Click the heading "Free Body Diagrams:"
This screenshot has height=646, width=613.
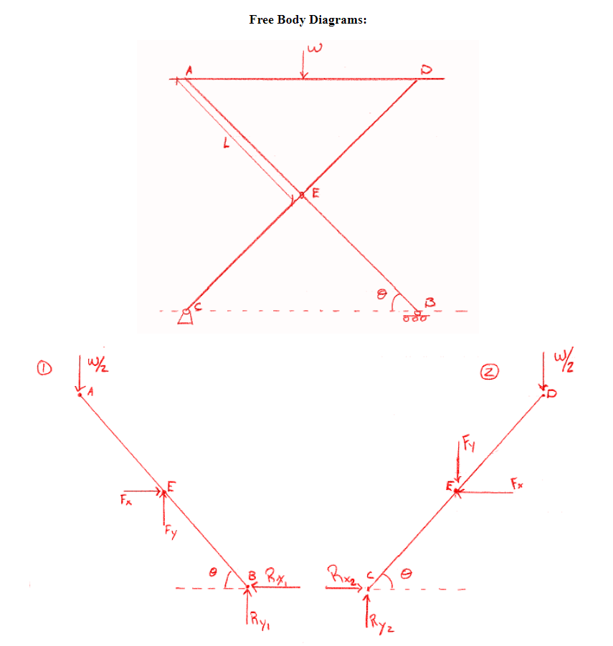[x=308, y=19]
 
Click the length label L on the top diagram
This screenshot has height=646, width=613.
[x=227, y=144]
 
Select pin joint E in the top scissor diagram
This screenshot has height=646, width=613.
[x=302, y=195]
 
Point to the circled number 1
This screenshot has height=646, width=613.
[x=44, y=369]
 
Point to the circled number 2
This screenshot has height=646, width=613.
[x=490, y=371]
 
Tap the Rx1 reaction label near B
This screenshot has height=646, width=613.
[x=275, y=574]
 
